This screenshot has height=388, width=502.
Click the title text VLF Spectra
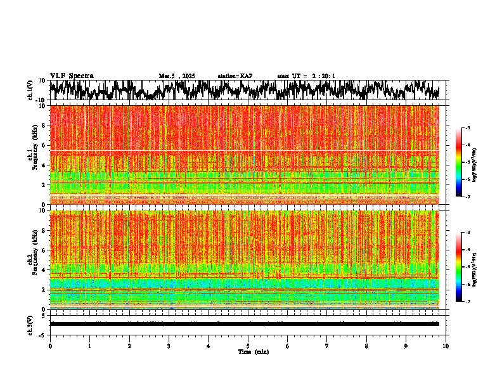tap(72, 75)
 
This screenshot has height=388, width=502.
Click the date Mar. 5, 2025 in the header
tap(177, 76)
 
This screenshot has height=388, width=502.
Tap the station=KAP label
tap(235, 76)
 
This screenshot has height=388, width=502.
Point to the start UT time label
tap(306, 76)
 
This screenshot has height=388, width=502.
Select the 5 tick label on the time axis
tap(248, 346)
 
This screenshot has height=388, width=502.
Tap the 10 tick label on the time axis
tap(446, 346)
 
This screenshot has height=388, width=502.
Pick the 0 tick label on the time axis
tap(50, 346)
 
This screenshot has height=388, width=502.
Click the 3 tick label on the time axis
tap(169, 346)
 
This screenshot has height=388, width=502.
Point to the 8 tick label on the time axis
tap(367, 346)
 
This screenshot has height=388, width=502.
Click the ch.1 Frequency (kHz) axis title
tap(30, 154)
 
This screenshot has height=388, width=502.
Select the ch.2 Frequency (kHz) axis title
tap(30, 259)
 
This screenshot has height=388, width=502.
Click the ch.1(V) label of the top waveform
tap(30, 90)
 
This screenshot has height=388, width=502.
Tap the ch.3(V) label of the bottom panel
tap(30, 324)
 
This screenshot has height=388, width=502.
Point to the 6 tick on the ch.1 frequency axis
tap(44, 145)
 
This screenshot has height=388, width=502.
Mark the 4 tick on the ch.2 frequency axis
tap(44, 269)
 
